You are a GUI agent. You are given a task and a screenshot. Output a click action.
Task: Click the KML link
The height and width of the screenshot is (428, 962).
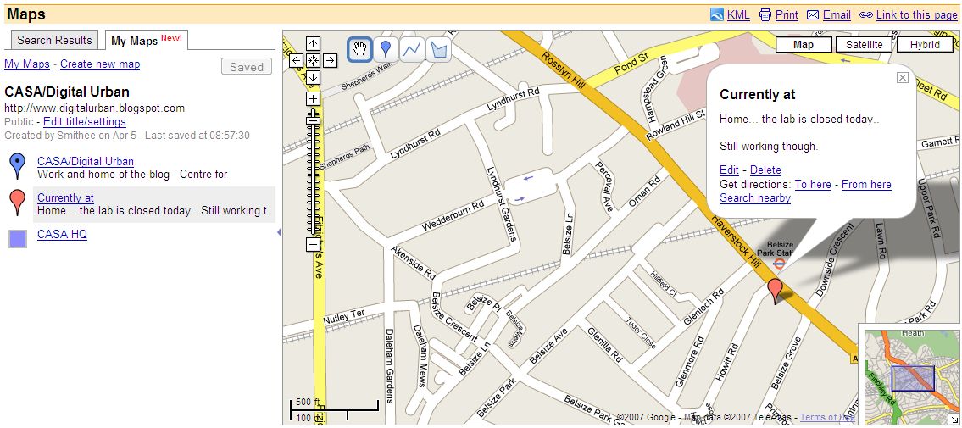[x=738, y=14]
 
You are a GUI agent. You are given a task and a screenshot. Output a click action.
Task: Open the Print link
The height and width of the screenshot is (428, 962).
[x=786, y=14]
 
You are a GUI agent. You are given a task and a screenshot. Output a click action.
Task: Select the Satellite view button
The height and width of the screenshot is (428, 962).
[x=864, y=45]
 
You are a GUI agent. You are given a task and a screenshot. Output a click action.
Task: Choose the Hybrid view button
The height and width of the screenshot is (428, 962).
[x=925, y=45]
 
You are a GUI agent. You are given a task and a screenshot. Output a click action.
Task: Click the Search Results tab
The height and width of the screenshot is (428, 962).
[x=54, y=40]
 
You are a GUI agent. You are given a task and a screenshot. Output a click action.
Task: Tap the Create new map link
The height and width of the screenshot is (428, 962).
[x=100, y=64]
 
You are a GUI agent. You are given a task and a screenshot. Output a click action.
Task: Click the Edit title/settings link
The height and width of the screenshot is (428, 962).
[x=84, y=122]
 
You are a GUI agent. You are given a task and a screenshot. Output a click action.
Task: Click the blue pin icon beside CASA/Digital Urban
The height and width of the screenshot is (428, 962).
[x=17, y=165]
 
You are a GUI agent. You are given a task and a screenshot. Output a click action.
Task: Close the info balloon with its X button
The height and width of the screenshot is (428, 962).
[x=902, y=77]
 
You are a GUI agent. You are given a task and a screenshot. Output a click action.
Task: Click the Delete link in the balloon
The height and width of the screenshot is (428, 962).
[x=765, y=170]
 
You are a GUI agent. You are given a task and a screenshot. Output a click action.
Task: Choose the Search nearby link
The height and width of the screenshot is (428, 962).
[x=754, y=198]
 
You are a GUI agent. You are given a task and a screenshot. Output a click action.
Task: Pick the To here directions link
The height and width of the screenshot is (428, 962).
[x=812, y=185]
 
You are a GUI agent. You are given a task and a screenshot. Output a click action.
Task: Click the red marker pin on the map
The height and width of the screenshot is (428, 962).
[x=775, y=290]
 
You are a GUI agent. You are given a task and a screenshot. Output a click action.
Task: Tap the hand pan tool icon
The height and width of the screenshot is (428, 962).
[x=359, y=49]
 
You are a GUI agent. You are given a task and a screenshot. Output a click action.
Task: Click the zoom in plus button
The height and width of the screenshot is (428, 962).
[x=313, y=99]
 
